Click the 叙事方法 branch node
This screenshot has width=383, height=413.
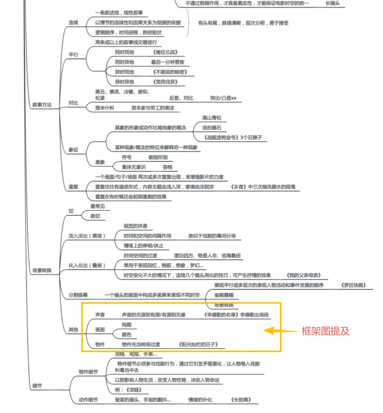[42, 105]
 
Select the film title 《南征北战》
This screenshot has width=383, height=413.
[165, 52]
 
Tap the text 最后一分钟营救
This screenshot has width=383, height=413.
[167, 62]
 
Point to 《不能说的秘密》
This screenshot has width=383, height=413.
[170, 72]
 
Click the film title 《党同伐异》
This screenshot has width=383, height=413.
[165, 82]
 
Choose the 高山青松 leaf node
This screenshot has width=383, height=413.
[212, 118]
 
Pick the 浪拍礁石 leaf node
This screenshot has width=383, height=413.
[212, 128]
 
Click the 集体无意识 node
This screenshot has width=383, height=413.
[133, 167]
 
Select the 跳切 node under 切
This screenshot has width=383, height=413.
[95, 216]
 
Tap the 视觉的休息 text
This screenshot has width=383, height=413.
[135, 226]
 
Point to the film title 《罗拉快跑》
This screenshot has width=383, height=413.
[353, 285]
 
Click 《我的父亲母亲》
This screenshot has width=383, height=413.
[304, 275]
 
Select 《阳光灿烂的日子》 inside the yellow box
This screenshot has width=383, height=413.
[198, 344]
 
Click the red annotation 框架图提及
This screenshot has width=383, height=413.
[325, 331]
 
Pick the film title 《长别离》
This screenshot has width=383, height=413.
[241, 400]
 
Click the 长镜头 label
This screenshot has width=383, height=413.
[333, 4]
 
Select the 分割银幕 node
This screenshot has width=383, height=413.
[78, 295]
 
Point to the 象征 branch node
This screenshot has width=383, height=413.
[73, 150]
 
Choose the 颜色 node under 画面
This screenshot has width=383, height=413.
[127, 334]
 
